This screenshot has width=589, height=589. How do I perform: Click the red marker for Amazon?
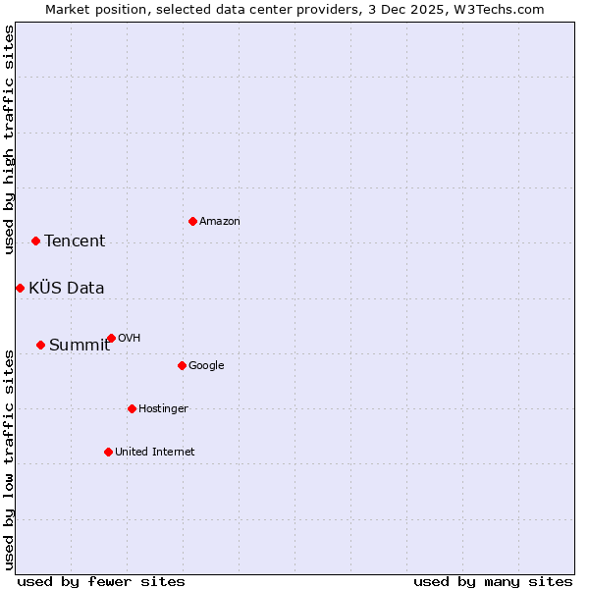(x=192, y=221)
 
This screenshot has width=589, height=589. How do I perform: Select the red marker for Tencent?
(x=35, y=241)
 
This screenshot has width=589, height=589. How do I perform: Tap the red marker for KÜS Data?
(x=20, y=288)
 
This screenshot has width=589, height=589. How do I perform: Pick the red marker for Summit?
(x=40, y=345)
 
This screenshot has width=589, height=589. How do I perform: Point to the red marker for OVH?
(x=111, y=338)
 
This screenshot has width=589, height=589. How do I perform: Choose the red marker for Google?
(x=182, y=365)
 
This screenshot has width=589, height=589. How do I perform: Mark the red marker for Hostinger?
(x=132, y=408)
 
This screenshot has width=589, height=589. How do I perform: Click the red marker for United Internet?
(x=108, y=452)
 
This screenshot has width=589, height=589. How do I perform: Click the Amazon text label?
(x=220, y=222)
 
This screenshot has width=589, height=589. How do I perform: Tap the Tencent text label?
(x=75, y=241)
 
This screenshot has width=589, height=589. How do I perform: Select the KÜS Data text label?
(x=67, y=288)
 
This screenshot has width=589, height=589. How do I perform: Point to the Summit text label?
(x=80, y=345)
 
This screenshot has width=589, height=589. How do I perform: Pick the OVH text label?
(x=130, y=339)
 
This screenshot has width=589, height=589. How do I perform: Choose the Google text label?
(x=206, y=366)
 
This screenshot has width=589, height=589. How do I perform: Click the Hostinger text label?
(x=163, y=409)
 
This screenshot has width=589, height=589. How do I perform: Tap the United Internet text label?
(x=155, y=453)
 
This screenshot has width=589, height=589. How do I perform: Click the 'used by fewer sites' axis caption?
(x=101, y=581)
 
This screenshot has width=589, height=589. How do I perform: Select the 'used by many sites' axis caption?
(x=493, y=581)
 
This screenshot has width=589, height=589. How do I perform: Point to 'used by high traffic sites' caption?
(x=9, y=139)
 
